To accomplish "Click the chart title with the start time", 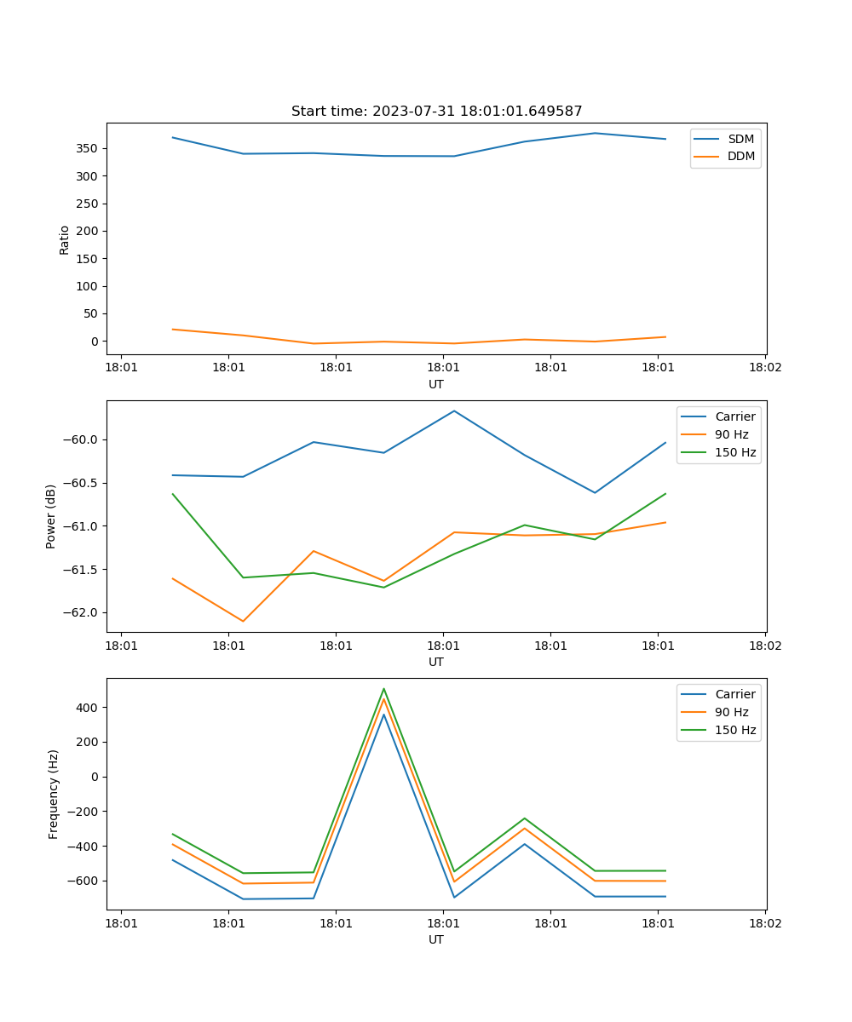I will pos(436,112).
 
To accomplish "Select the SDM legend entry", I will pos(740,139).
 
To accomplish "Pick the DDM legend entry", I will pos(740,156).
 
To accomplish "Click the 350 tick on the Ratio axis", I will pos(88,148).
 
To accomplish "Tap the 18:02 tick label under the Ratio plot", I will pos(764,369).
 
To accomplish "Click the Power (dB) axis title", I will pos(51,516).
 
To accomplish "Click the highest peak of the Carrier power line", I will pos(454,411).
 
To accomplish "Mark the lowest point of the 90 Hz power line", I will pos(243,621).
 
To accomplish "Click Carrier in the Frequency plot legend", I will pos(735,694).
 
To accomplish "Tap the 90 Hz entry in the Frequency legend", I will pos(731,712).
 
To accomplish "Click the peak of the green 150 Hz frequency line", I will pos(383,689).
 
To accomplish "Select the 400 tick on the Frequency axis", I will pos(89,708).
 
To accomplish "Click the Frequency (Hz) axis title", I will pos(54,794).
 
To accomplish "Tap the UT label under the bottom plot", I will pos(436,939).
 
